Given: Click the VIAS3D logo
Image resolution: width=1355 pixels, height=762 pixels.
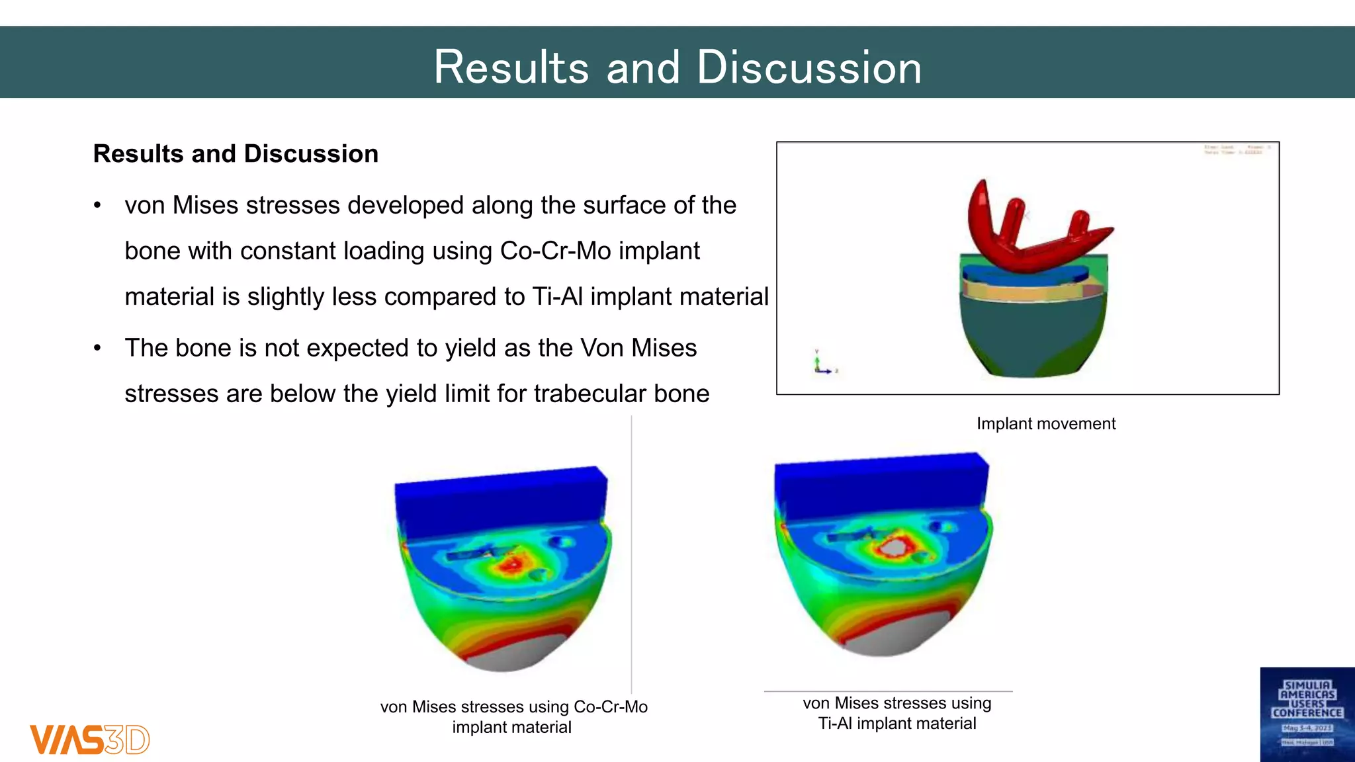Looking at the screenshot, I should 89,740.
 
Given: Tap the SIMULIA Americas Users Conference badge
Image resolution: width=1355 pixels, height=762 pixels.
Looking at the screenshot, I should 1307,714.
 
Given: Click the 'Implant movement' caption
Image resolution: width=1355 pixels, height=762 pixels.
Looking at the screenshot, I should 1045,424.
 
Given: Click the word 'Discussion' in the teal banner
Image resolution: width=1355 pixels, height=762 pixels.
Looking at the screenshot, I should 809,68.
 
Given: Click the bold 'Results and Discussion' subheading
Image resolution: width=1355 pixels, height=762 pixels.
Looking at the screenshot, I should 236,154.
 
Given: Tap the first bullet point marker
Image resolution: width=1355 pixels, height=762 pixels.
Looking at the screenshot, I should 97,206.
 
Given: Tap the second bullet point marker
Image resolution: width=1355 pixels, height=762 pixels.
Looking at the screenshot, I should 97,349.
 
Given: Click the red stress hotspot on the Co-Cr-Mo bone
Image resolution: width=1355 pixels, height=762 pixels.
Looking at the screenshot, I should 511,564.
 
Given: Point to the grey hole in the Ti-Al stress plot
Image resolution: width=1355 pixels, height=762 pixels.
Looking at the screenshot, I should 893,547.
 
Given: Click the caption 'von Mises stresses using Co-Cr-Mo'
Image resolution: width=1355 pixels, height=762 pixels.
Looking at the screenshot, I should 513,707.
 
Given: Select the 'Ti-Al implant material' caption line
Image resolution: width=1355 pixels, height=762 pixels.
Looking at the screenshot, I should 896,724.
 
